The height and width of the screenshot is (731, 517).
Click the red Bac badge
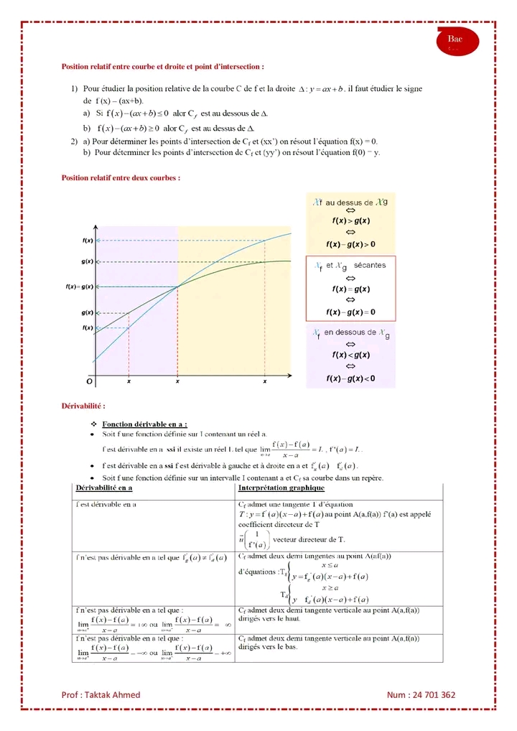coord(455,41)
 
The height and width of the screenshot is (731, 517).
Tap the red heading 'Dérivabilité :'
coord(84,406)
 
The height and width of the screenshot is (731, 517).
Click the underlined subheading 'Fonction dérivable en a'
coord(144,424)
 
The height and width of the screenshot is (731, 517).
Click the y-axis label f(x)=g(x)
coord(80,287)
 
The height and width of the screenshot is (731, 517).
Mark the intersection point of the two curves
coord(178,287)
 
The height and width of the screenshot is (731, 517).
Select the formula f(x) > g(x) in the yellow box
coord(350,221)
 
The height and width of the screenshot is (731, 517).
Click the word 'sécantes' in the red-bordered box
coord(370,265)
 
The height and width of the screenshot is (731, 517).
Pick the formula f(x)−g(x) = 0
coord(350,312)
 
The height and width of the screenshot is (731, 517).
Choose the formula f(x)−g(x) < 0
coord(350,378)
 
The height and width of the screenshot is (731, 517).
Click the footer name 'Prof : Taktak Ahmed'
coord(101,694)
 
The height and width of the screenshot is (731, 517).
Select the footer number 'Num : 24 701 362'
coord(421,694)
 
